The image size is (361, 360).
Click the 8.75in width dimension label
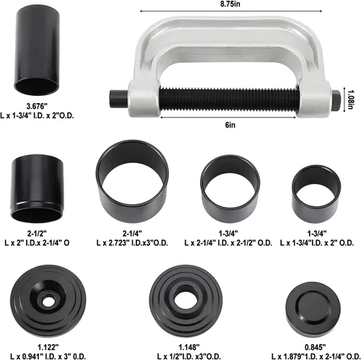(x=230, y=4)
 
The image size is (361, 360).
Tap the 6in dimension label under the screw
(x=230, y=125)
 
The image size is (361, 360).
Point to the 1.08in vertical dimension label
(x=352, y=100)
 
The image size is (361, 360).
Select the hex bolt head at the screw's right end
(x=336, y=100)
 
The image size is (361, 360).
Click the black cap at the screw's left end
(x=119, y=100)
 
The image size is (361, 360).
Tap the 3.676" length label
(x=37, y=106)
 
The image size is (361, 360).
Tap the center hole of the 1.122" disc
(x=48, y=301)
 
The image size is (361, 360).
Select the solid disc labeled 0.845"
(x=313, y=308)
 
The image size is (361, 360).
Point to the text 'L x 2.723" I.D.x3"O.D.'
(x=132, y=243)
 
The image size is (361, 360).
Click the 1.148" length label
(x=189, y=347)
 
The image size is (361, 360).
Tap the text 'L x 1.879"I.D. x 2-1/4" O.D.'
(x=316, y=356)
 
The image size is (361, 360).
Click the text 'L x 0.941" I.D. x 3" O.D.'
(x=48, y=356)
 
